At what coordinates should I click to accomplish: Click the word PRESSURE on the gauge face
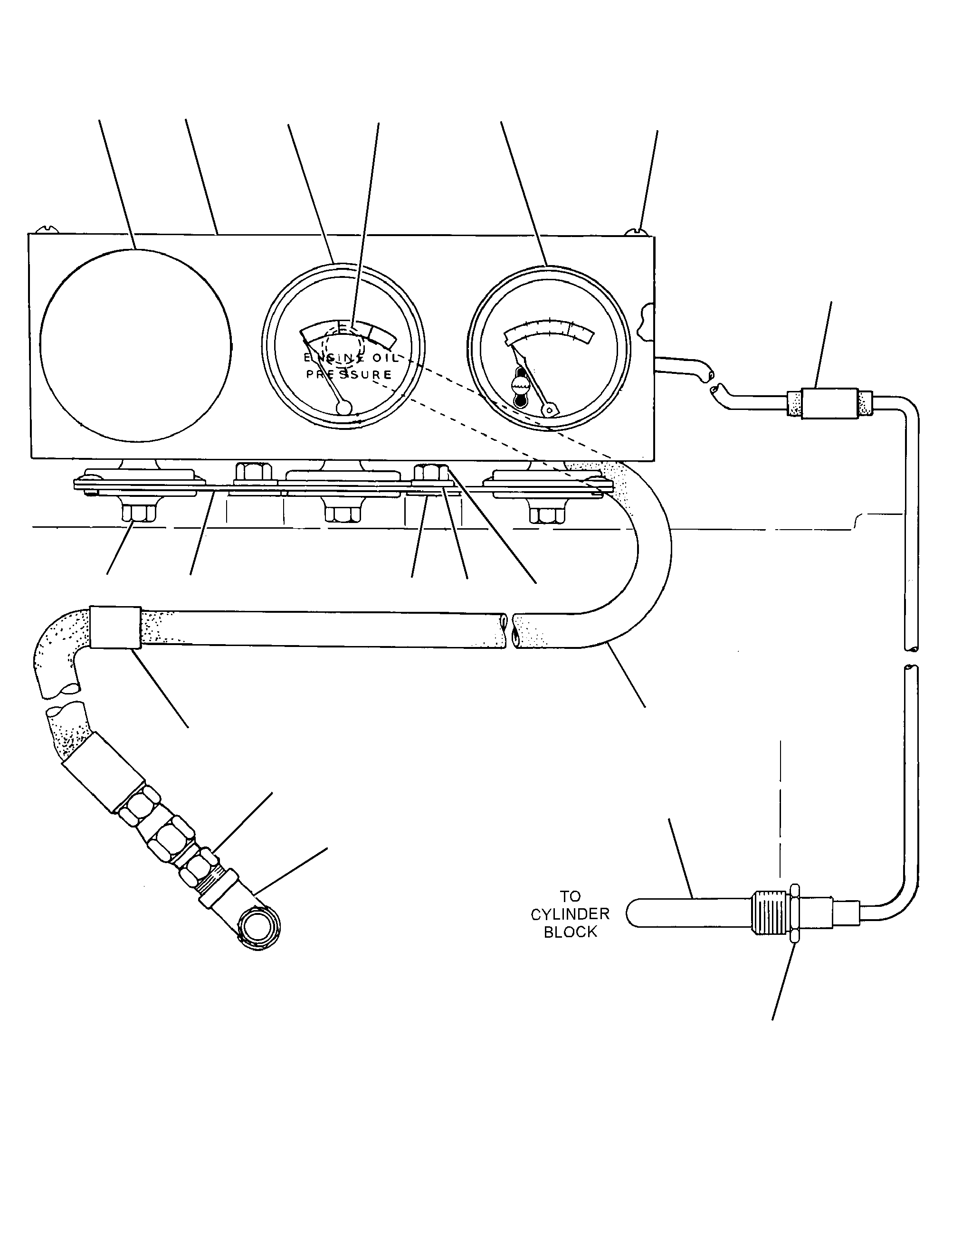349,374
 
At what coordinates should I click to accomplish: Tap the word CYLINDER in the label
570,914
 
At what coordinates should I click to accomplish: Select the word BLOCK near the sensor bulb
571,932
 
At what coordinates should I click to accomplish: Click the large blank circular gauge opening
136,345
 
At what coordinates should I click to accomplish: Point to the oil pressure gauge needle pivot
344,407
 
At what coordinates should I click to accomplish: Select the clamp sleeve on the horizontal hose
114,627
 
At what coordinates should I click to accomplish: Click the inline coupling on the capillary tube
829,404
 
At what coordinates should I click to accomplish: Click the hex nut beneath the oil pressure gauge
343,513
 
